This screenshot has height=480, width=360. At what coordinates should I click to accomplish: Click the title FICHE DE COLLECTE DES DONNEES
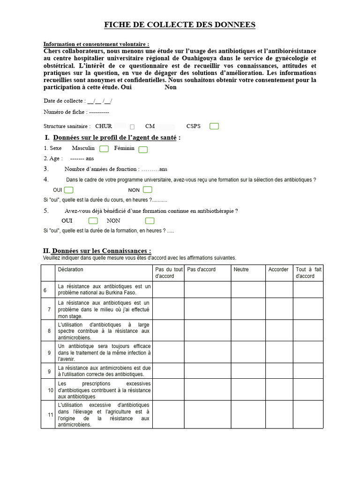coord(180,25)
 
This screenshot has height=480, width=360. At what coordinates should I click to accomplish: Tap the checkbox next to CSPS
coord(214,126)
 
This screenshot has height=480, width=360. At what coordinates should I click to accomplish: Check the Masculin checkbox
coord(104,149)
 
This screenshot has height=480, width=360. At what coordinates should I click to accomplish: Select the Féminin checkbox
coord(143,149)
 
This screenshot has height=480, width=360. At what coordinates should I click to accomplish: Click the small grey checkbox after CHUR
coord(132,127)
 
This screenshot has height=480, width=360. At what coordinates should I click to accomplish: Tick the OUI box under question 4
coord(69,190)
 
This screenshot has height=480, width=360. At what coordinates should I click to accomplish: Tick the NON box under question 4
coord(148,190)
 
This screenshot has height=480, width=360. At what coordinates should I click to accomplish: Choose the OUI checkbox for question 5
coord(93,221)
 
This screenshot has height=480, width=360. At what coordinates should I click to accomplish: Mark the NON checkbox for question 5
coord(150,221)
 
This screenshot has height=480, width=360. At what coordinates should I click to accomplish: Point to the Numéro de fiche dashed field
coord(99,112)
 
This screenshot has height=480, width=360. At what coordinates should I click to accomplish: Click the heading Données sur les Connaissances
coord(101,251)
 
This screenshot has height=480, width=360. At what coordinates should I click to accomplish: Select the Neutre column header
coord(241,270)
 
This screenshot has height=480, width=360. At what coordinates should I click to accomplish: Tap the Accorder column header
coord(278,270)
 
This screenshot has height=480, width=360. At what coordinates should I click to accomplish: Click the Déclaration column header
coord(70,270)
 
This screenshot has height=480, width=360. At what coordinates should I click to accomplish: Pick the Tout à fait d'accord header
coord(308,273)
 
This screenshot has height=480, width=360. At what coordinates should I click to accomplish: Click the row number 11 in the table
coord(50,414)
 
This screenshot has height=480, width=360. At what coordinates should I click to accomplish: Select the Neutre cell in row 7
coord(248,309)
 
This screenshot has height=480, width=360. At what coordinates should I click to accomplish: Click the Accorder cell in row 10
coord(279,390)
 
